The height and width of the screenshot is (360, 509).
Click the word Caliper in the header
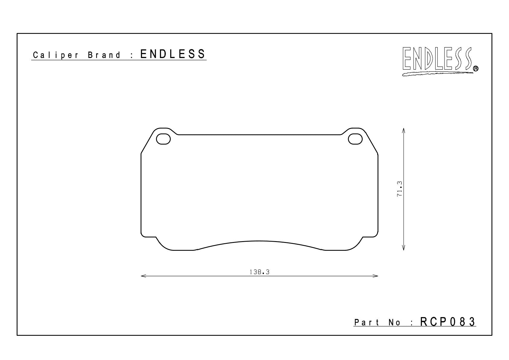56,55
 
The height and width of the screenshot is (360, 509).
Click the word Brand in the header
104,55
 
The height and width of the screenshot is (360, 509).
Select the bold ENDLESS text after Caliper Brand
173,54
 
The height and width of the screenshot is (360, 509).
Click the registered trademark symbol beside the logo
475,68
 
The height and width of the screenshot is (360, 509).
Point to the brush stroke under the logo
437,74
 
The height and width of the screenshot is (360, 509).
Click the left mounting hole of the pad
163,139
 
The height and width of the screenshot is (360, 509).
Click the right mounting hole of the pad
355,139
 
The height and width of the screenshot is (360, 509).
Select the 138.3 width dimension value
260,272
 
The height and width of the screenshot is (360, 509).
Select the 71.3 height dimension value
400,189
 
